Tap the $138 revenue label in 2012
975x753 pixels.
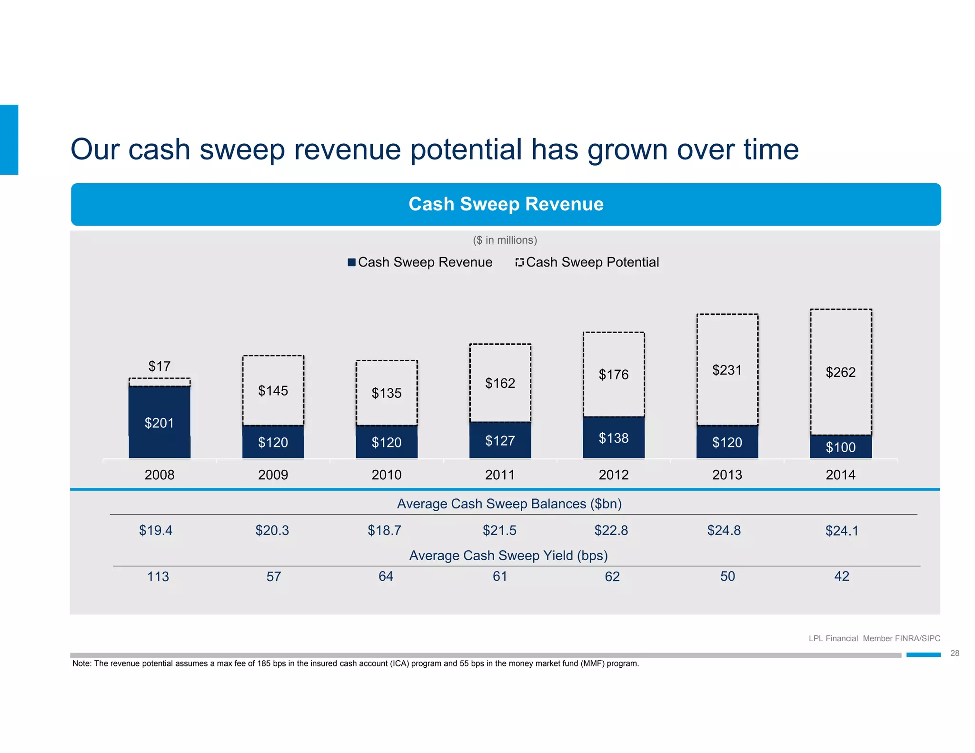(x=613, y=438)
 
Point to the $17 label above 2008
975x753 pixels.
(x=159, y=366)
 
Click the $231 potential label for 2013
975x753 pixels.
(x=726, y=370)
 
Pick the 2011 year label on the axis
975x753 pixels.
(x=500, y=475)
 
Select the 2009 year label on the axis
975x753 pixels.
(x=273, y=475)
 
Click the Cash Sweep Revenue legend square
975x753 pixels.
(x=352, y=262)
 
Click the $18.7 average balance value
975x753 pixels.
(x=384, y=530)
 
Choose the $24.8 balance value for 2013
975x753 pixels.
(x=724, y=530)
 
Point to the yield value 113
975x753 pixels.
(x=158, y=576)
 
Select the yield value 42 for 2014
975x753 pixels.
(x=841, y=576)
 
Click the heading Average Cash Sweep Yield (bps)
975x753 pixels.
(x=508, y=555)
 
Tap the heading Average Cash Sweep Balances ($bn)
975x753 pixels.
(x=509, y=504)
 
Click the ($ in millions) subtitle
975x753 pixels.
(x=505, y=240)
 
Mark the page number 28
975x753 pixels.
(x=955, y=653)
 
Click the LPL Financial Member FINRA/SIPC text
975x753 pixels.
(x=874, y=638)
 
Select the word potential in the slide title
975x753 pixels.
(x=466, y=149)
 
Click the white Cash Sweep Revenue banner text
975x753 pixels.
(x=506, y=204)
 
